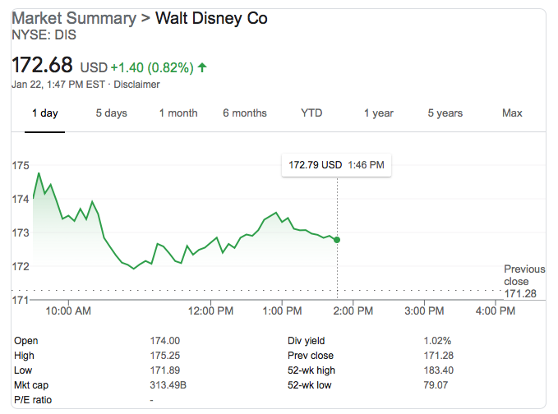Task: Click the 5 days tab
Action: pos(111,113)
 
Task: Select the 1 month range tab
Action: pos(178,113)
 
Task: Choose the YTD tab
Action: pos(311,113)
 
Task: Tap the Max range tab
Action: pos(512,113)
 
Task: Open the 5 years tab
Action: pos(445,113)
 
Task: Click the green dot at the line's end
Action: pos(337,240)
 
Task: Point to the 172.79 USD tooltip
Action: pos(336,165)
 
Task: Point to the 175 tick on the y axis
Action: pos(21,166)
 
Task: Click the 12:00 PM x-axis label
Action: pos(212,311)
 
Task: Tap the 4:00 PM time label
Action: pos(496,311)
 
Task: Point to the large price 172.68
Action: pos(42,64)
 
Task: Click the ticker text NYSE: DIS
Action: pos(42,35)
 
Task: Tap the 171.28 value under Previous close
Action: pos(520,294)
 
